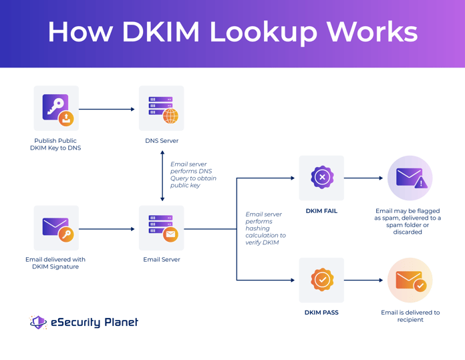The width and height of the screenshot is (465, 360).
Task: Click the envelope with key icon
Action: point(56,228)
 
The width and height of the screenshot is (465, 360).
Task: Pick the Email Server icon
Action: point(161,228)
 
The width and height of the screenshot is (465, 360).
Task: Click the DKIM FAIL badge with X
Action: point(321,178)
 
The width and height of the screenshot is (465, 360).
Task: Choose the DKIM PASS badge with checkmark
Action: point(321,280)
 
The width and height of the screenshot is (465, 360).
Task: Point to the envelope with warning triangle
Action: point(410,178)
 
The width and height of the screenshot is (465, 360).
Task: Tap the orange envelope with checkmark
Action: point(410,280)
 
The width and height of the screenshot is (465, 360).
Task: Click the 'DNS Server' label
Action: point(162,141)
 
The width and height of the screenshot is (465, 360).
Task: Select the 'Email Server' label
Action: point(162,260)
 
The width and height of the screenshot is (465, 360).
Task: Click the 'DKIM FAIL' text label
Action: point(321,211)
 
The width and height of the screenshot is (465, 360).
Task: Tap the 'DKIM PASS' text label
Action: point(321,313)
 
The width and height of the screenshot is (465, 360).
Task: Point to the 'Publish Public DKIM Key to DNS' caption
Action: point(55,144)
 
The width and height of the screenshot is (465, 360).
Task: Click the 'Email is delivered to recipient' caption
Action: point(410,316)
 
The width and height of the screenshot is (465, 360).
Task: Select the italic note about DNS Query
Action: point(193,174)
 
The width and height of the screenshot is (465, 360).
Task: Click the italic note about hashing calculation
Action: point(265,228)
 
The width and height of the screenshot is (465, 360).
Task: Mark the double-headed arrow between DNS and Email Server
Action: point(162,176)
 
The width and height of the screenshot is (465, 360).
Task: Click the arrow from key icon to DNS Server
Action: point(107,109)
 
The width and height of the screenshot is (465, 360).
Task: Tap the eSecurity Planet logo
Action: point(84,322)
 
